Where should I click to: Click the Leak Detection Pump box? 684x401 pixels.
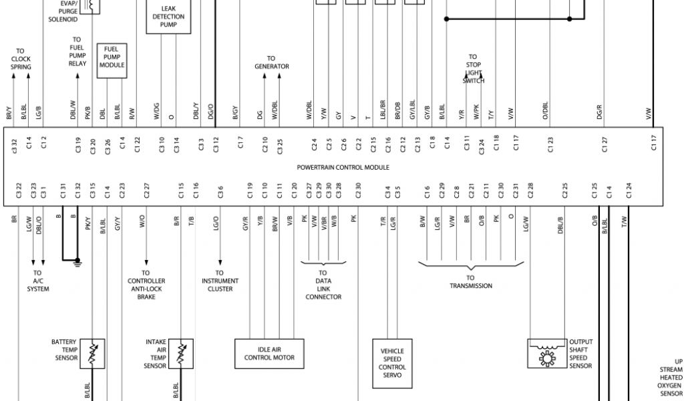click(x=168, y=17)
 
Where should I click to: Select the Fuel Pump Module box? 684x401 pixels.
click(x=112, y=61)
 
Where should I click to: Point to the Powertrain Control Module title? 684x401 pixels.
click(x=343, y=167)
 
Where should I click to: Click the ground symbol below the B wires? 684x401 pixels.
click(x=77, y=261)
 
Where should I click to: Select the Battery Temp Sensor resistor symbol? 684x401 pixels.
click(x=92, y=353)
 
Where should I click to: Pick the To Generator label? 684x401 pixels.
click(x=271, y=62)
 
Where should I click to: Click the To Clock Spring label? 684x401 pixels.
click(x=21, y=59)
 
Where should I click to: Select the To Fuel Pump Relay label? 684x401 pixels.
click(x=77, y=51)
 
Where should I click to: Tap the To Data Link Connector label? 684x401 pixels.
click(x=323, y=285)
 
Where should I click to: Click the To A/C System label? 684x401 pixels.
click(x=37, y=281)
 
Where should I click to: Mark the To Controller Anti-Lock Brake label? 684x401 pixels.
click(x=146, y=285)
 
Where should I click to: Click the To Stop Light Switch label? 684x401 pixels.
click(x=473, y=69)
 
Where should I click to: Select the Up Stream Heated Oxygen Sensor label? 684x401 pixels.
click(x=670, y=378)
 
